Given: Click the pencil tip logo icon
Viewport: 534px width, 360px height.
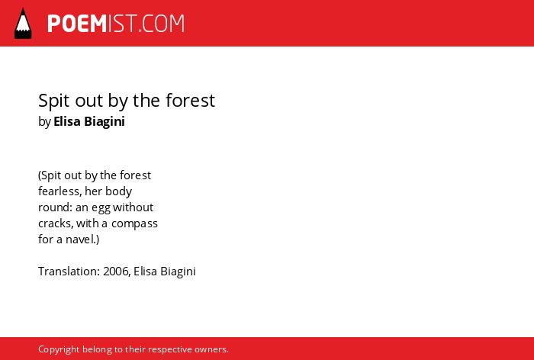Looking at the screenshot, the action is click(x=23, y=24).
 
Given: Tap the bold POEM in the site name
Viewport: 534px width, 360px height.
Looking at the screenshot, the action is click(x=77, y=24).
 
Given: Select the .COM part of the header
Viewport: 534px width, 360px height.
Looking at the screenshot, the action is click(x=162, y=24).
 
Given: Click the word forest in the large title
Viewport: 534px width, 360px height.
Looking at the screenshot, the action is click(x=191, y=100).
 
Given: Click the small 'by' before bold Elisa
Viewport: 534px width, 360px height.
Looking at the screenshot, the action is click(x=44, y=122).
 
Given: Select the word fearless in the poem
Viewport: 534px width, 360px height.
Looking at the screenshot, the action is click(x=60, y=191).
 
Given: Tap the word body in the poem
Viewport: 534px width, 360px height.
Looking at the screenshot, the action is click(x=118, y=191).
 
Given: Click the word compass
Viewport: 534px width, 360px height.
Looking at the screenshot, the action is click(x=134, y=224).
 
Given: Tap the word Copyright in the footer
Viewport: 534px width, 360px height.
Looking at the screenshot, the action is click(x=59, y=349).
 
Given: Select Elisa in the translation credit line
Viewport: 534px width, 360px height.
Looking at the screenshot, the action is click(x=146, y=271).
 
